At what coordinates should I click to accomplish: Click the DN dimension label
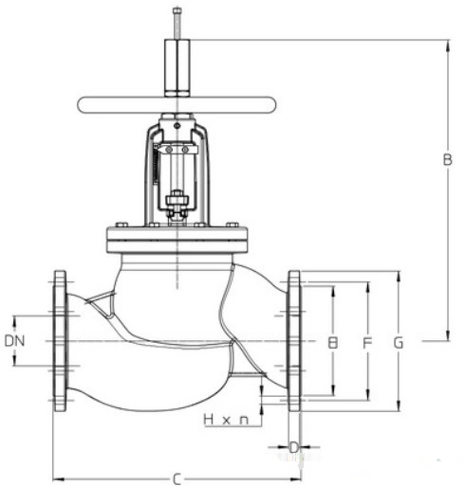point(14,341)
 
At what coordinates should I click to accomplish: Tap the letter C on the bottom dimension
point(177,479)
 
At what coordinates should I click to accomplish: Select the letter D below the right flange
point(294,447)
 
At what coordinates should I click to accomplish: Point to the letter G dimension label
point(399,343)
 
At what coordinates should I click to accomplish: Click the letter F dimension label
point(367,343)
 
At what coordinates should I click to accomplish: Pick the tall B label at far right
point(447,159)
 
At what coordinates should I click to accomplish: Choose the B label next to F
point(332,343)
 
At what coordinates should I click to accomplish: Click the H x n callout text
point(226,420)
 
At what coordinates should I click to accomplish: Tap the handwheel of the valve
point(177,105)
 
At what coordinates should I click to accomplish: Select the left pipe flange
point(60,341)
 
